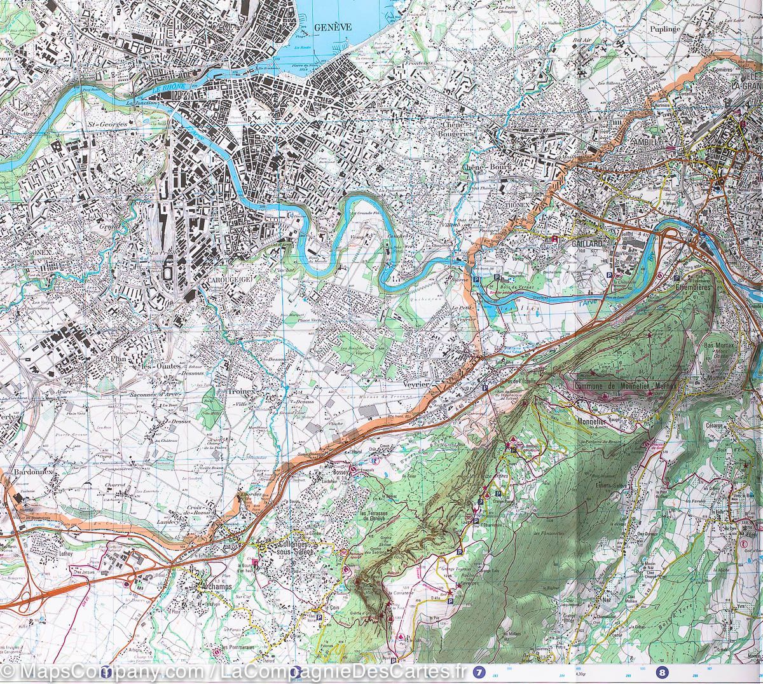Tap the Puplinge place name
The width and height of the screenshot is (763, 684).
(666, 29)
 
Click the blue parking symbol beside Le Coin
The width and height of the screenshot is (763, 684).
(317, 615)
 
